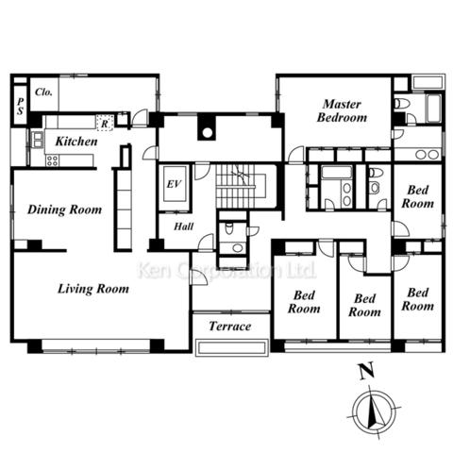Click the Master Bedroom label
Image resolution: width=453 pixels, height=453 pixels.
coord(342,110)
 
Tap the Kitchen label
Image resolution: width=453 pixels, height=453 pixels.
coord(76,142)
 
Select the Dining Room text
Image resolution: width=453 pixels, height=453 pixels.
coord(64,210)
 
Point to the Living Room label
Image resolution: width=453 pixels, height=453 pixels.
coord(93,289)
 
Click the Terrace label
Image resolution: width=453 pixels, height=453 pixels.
coord(230,327)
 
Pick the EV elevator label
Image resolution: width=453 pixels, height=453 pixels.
coord(174,184)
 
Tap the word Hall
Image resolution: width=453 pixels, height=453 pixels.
coord(184,226)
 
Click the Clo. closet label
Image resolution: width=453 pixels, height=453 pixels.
coord(43,92)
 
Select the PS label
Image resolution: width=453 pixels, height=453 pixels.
coord(21,106)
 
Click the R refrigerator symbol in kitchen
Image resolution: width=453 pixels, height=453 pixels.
coord(105,124)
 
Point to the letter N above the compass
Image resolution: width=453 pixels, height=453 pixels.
coord(366,371)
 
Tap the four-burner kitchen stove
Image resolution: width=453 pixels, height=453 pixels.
coord(52,160)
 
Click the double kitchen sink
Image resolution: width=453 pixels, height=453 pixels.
coord(38,140)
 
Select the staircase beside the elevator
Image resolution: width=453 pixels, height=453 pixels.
coord(241,186)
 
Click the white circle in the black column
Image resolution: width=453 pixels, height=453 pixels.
coord(207,133)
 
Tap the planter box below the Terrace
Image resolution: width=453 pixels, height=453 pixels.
coord(232,347)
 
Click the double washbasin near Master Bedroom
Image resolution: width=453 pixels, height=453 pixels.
coord(428,155)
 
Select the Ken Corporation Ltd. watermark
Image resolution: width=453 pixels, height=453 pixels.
coord(226,271)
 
